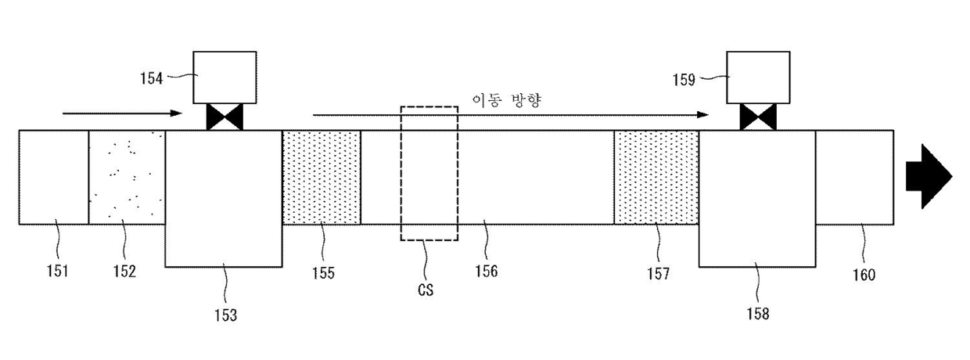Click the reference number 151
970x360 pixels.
(56, 272)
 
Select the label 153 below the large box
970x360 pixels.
(226, 315)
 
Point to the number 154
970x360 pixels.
(152, 78)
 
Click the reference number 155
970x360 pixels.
(323, 273)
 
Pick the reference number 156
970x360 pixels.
(486, 272)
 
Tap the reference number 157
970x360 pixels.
(658, 273)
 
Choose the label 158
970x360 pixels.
(758, 314)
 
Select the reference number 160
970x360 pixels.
(864, 275)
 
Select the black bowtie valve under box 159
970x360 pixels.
(758, 118)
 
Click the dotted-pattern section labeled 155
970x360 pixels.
(322, 177)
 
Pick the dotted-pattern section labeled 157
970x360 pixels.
(656, 177)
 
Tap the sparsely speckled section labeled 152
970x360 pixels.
(127, 177)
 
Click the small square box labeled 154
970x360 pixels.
(225, 77)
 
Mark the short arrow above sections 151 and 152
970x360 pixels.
(121, 113)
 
